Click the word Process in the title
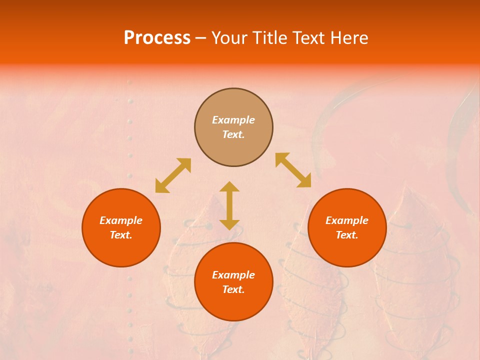point(157,38)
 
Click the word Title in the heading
point(270,38)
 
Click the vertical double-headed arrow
point(229,205)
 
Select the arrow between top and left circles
point(173,175)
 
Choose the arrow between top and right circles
point(293,170)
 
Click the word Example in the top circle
point(233,120)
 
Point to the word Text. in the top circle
point(233,134)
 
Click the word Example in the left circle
point(121,220)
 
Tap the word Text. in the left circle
point(121,235)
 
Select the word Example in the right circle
point(347,220)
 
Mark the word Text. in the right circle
point(347,235)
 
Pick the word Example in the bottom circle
point(233,275)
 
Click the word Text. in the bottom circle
point(233,289)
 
